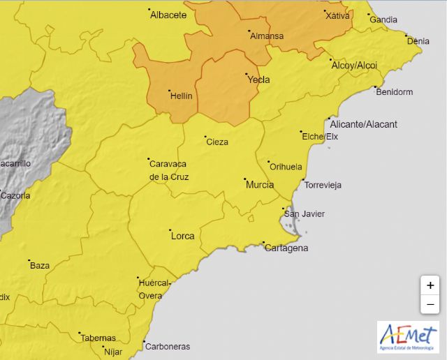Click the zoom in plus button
point(430,285)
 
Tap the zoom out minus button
point(430,304)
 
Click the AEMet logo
point(408,337)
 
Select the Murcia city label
point(259,185)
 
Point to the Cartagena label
point(286,248)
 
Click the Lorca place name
point(182,236)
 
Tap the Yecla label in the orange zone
point(258,80)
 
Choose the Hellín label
point(181,96)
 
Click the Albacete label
point(168,14)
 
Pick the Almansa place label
point(267,36)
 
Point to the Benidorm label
point(395,91)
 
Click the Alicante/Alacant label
point(363,124)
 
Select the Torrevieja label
point(322,185)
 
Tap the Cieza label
point(217,142)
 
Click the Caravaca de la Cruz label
point(169,170)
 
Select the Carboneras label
point(167,346)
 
